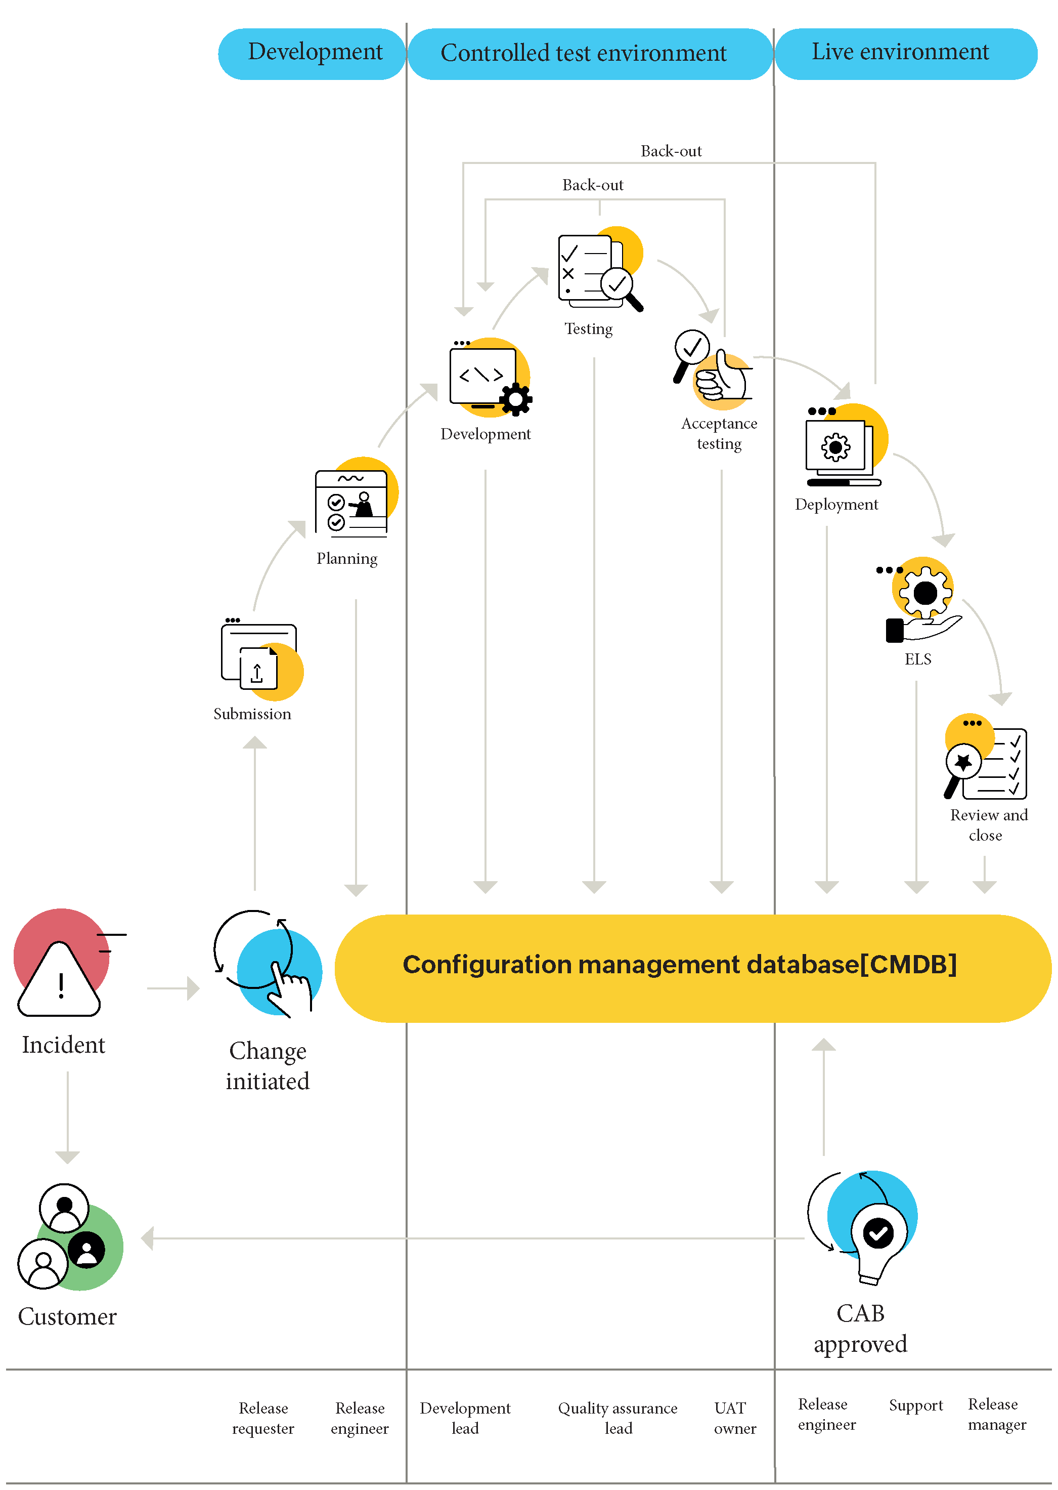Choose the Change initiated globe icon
pos(280,972)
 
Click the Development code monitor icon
pos(489,378)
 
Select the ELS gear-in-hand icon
pos(924,596)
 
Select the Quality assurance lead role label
pos(618,1418)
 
